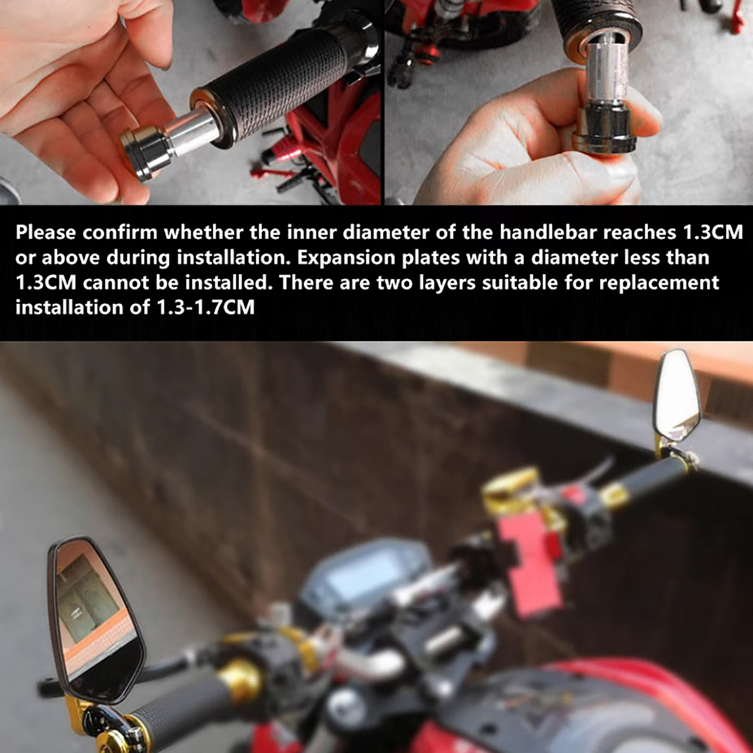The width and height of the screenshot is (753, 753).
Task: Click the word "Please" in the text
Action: [46, 232]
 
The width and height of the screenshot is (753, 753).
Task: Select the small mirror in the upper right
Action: [678, 393]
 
